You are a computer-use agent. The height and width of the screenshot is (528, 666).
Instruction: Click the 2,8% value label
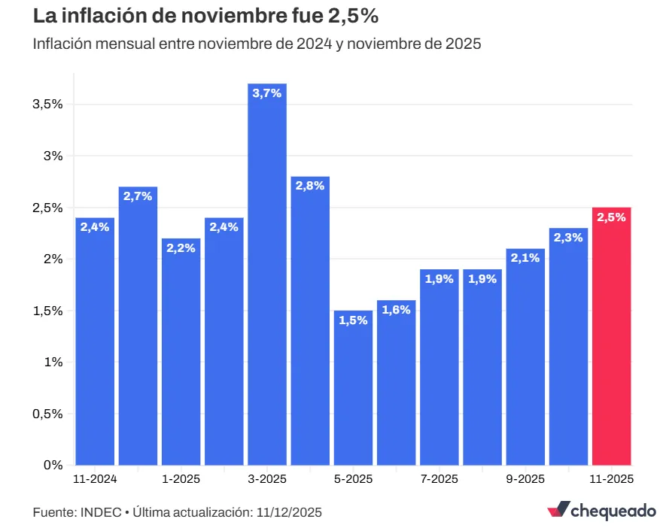coord(310,186)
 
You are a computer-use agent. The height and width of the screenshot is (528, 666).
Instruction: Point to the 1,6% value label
coord(396,310)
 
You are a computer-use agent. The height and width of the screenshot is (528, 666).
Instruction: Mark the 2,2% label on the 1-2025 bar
coord(181,248)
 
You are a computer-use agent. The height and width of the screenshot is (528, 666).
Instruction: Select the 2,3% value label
coord(568,238)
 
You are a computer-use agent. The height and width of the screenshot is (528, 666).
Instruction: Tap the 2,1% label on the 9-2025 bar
coord(525,258)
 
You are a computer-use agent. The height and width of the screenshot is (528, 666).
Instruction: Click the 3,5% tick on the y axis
coord(47,105)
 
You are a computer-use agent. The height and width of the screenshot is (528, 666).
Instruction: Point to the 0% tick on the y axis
coord(53,465)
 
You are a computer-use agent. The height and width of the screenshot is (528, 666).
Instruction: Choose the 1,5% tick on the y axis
coord(47,311)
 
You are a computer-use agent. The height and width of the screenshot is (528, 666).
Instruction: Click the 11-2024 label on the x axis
coord(95,479)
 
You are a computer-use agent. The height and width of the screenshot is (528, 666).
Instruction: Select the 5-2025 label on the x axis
coord(353,479)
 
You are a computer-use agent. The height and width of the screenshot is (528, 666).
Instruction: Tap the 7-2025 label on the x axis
coord(439,479)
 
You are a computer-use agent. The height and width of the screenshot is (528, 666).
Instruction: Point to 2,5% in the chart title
coord(351,14)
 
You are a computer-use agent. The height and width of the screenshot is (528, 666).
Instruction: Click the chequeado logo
coord(601,511)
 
